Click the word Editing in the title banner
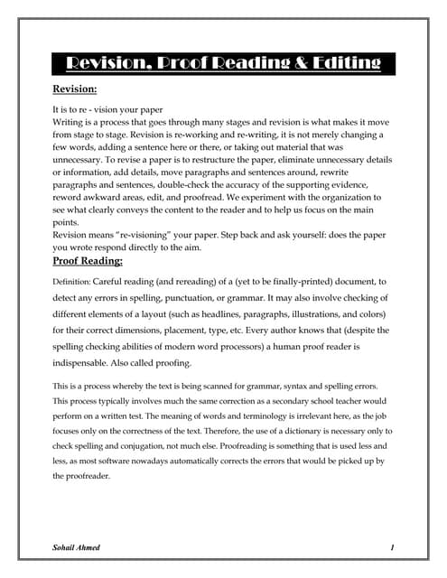[x=338, y=62]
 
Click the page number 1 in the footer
[x=393, y=548]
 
